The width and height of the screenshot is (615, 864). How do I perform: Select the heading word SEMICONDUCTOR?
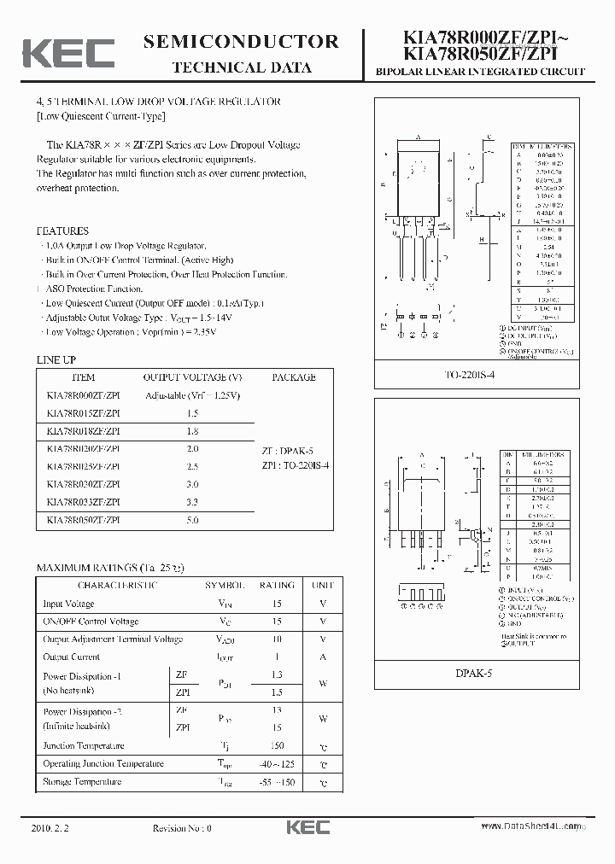242,42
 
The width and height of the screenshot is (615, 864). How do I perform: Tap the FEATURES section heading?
62,231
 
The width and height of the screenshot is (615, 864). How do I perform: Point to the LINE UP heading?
56,360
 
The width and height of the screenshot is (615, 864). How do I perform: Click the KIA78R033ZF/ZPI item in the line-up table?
83,502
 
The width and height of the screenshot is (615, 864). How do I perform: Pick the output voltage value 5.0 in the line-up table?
192,520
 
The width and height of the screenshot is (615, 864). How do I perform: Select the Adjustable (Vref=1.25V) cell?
192,395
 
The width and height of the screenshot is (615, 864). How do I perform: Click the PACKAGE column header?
293,377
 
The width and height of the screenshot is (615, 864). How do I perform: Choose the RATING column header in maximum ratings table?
276,586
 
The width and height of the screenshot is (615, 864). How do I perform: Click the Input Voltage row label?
68,604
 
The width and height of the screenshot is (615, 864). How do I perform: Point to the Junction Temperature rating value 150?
276,745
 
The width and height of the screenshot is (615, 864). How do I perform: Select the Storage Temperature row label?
82,781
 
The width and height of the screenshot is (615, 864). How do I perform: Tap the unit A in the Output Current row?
323,657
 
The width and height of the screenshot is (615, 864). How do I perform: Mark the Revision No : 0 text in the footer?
181,827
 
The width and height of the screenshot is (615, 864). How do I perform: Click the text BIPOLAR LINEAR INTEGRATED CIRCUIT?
480,72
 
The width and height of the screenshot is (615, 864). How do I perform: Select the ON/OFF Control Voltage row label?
91,622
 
